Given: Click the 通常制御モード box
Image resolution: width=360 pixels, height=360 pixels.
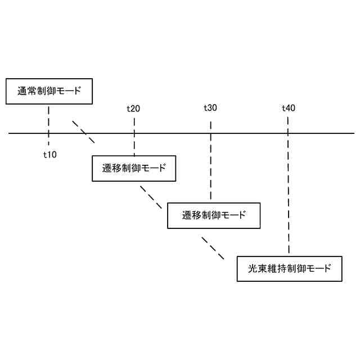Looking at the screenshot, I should pos(48,91).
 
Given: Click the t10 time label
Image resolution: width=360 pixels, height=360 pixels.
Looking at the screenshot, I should pos(50,154).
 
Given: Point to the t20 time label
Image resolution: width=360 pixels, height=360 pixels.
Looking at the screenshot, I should pos(133,108).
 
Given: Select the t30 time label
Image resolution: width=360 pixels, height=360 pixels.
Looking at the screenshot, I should pos(210,108).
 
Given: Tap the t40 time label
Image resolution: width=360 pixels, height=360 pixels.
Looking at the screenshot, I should pos(288,108).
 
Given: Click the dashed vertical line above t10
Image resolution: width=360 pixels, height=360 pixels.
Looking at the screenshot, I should pos(49,118).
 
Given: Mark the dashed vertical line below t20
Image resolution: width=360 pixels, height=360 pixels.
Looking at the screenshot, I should pos(134,143).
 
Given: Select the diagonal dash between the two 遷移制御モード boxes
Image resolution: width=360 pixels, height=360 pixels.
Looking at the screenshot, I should pos(151,197).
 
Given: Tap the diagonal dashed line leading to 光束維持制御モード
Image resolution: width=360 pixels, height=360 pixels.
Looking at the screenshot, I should pos(213,247).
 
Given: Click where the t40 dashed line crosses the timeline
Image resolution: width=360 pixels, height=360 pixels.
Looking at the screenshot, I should pos(288,133).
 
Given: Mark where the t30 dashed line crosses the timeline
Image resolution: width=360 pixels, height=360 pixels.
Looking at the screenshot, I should pos(210,133).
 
